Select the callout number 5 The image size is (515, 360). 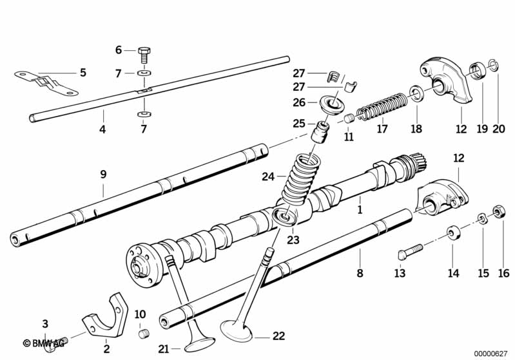(83, 73)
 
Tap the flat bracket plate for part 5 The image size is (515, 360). (46, 83)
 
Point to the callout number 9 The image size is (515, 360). (103, 175)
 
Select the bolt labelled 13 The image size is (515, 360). (410, 252)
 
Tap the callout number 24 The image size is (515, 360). (267, 177)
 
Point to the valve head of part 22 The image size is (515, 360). (236, 330)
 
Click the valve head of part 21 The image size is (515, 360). (200, 345)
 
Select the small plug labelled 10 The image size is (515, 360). (143, 334)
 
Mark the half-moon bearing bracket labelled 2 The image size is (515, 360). (106, 316)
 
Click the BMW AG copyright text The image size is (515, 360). (43, 344)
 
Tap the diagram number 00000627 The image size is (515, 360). (491, 354)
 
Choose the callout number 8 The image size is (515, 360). (360, 272)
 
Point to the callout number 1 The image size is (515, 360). (360, 210)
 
